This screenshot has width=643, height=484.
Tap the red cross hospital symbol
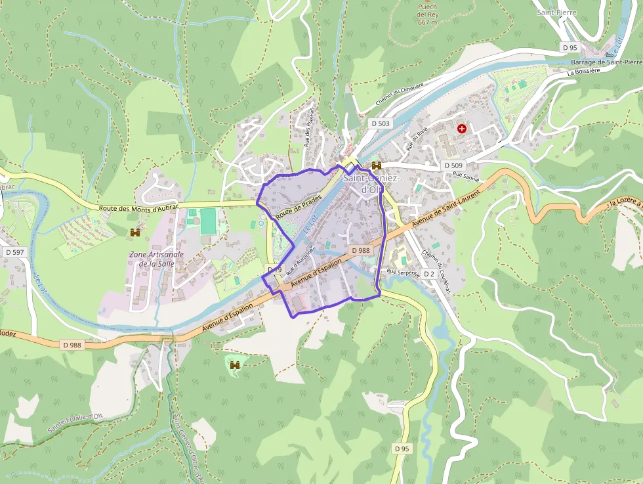(462, 129)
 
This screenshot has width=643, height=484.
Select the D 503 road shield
(380, 123)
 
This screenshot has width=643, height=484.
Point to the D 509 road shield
(453, 165)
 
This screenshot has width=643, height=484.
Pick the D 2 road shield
(429, 273)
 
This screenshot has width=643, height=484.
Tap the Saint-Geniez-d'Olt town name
(363, 183)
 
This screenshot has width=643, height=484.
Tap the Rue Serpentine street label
(403, 272)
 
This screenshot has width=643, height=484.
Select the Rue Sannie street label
(466, 176)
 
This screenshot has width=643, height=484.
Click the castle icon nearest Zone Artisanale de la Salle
(135, 232)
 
